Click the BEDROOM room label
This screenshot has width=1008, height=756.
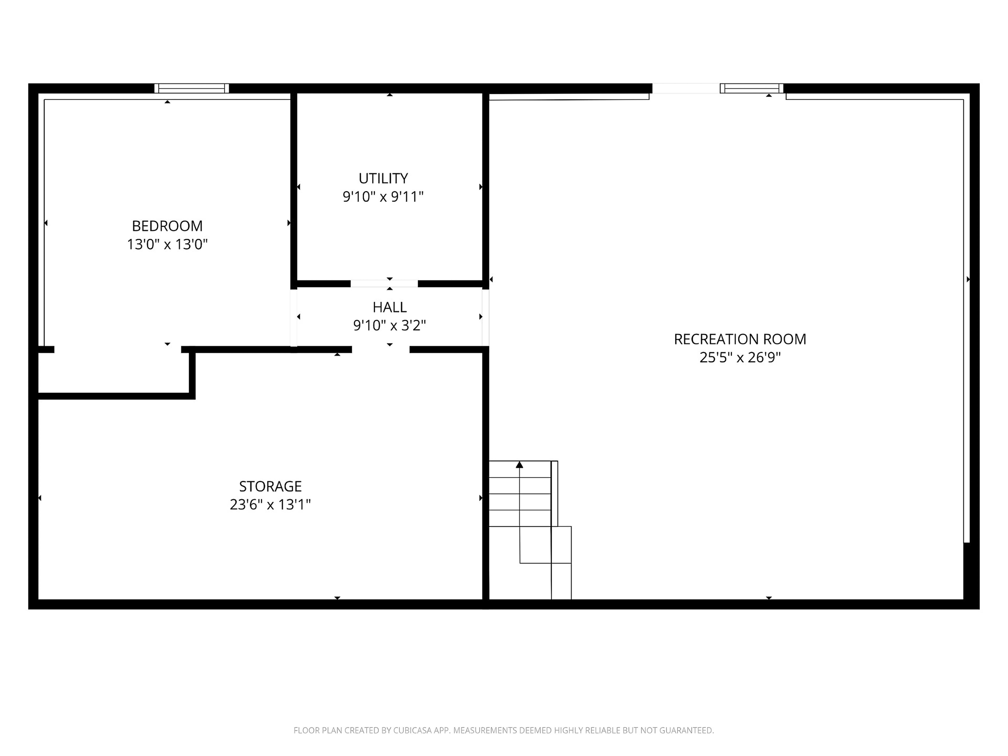pos(167,226)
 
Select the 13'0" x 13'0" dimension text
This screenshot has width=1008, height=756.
pos(167,244)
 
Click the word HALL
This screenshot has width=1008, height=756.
pos(389,307)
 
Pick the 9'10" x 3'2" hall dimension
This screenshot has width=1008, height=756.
pos(389,325)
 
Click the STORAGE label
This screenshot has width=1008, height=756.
pos(270,486)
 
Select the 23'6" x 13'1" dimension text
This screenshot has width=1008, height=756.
pos(270,505)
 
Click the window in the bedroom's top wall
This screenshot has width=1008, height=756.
pos(191,88)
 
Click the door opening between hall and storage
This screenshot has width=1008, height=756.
pos(380,350)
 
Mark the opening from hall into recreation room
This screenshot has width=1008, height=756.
pos(485,317)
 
